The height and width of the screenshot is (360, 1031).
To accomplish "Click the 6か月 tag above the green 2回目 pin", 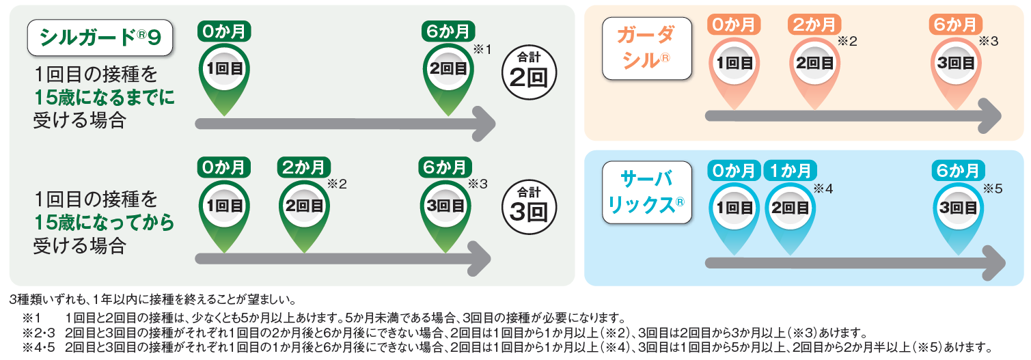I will [448, 31].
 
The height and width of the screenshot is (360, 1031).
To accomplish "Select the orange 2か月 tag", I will [814, 25].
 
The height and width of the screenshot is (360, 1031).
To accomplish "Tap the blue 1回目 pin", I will [734, 208].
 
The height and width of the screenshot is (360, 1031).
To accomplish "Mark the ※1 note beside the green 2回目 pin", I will [482, 49].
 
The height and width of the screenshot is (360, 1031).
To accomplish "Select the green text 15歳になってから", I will [104, 223].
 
